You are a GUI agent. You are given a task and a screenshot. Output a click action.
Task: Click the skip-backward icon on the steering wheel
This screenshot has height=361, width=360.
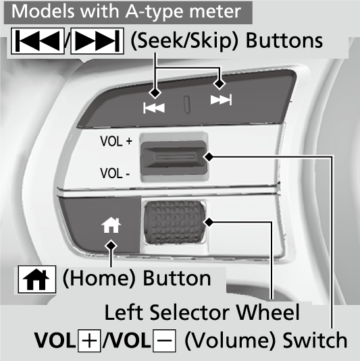click(x=154, y=108)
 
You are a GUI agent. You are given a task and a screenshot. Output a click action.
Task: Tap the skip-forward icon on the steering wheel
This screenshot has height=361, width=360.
click(x=221, y=100)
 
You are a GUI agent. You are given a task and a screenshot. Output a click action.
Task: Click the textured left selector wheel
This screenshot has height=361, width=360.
click(x=175, y=222)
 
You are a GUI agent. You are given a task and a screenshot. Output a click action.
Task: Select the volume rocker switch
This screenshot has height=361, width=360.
click(x=174, y=157)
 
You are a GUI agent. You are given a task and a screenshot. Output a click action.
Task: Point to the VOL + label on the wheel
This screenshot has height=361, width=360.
click(x=116, y=141)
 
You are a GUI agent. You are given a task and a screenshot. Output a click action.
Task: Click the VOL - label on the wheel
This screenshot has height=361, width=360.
click(x=115, y=173)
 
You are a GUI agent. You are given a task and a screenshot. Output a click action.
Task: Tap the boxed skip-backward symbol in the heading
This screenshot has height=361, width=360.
click(x=38, y=41)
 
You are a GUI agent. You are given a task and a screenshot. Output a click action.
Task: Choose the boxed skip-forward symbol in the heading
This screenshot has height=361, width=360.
click(x=97, y=41)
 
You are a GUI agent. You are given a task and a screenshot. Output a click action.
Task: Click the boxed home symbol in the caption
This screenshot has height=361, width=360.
click(x=37, y=279)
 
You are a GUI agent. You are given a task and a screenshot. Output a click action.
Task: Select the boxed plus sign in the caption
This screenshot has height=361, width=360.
click(x=89, y=341)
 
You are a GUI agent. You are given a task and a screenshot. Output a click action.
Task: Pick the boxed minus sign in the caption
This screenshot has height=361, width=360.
click(x=164, y=341)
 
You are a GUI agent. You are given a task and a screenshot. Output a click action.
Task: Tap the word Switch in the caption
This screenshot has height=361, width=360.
click(x=315, y=340)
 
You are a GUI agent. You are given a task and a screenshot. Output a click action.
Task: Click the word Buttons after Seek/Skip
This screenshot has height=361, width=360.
click(x=284, y=40)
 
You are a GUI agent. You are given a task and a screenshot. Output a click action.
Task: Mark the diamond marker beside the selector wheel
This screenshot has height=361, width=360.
click(x=209, y=223)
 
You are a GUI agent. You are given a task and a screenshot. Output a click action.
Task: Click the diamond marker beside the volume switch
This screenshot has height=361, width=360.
click(x=209, y=157)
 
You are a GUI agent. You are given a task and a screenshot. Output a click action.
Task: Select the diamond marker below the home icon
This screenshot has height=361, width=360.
click(x=111, y=246)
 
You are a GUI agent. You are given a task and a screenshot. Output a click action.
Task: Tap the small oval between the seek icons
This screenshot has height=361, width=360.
click(x=187, y=105)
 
